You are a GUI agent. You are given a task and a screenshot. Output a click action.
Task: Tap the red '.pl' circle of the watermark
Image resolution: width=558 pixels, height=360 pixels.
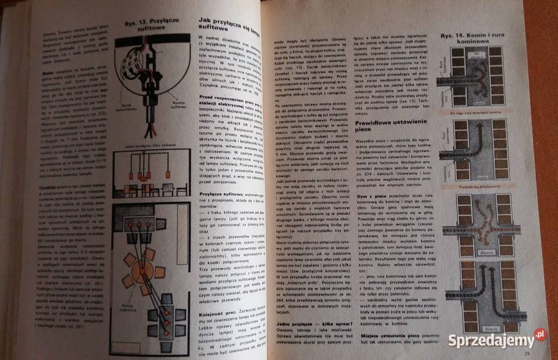[541, 334]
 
